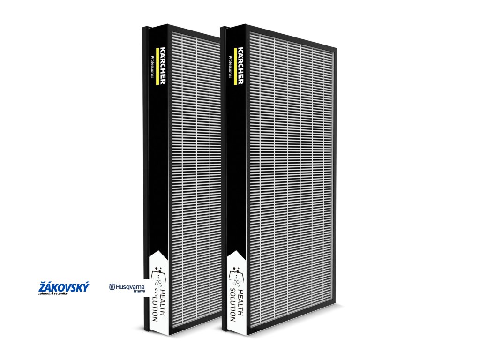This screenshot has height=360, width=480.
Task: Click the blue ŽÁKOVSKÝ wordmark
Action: point(64,286)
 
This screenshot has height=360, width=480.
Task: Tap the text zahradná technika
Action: point(53,294)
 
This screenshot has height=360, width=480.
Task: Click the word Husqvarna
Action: point(130,286)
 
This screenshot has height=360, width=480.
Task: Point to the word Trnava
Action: point(139,292)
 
